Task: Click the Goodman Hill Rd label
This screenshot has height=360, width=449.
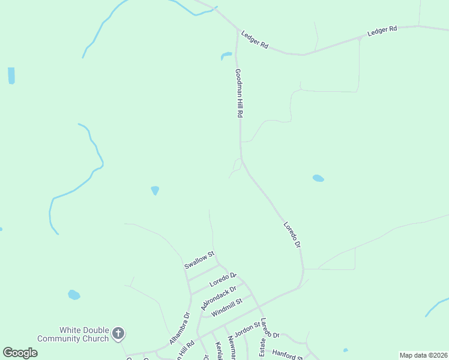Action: click(239, 93)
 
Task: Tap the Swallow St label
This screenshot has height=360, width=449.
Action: click(199, 260)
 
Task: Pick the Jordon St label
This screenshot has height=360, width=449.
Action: click(246, 330)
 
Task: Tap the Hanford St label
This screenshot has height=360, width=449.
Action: click(287, 354)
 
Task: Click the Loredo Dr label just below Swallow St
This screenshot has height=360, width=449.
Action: click(223, 280)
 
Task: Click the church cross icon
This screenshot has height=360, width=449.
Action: click(118, 332)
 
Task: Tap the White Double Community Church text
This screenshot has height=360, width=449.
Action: click(73, 334)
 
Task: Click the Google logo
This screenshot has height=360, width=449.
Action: click(20, 353)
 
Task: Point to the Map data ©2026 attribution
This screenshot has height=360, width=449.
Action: click(423, 355)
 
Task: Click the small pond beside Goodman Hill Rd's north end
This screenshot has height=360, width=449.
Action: click(226, 56)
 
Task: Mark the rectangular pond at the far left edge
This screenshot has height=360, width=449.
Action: click(11, 76)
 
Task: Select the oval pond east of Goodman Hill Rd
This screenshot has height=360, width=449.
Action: click(318, 178)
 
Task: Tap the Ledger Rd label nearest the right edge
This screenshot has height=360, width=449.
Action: click(382, 29)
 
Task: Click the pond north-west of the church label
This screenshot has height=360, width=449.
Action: click(74, 295)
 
